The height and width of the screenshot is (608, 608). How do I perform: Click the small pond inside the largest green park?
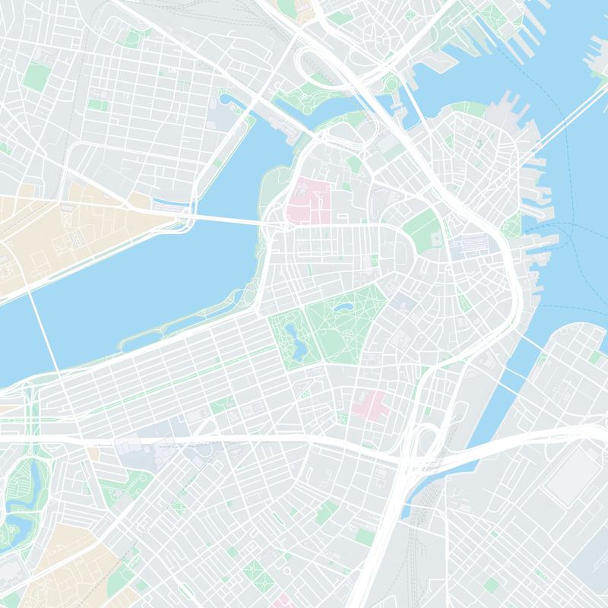tap(340, 308)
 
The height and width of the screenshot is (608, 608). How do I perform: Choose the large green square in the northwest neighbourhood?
tap(35, 74)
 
